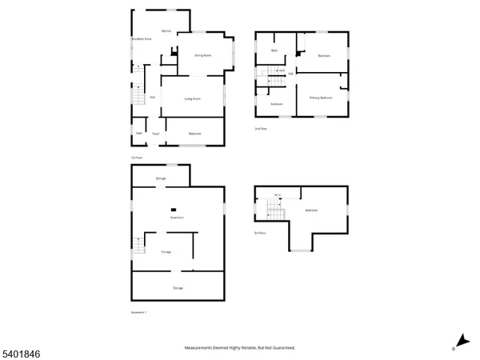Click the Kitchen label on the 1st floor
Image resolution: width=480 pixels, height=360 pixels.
click(x=166, y=31)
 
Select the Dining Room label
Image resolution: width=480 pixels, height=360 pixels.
click(x=203, y=55)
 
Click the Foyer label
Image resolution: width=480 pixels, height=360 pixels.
click(x=156, y=134)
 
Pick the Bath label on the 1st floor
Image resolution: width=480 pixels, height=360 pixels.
click(x=138, y=133)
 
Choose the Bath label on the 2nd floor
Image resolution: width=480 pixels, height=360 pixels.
click(x=274, y=50)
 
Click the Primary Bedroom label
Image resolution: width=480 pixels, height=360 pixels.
click(x=321, y=98)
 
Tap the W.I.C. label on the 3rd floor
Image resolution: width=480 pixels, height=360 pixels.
click(x=277, y=194)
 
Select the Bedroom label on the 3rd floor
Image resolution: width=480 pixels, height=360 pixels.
click(x=311, y=210)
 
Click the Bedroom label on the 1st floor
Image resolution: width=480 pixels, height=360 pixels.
click(x=194, y=134)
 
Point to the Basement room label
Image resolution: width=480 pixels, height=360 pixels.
click(x=177, y=218)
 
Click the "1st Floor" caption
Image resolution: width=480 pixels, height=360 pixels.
click(x=136, y=157)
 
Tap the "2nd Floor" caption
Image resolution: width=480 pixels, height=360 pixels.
click(x=259, y=128)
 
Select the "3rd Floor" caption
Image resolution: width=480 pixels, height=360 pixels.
click(x=259, y=233)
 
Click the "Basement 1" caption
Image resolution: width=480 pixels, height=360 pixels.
click(x=139, y=311)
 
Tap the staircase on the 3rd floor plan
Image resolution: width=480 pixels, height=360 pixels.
click(x=274, y=212)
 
